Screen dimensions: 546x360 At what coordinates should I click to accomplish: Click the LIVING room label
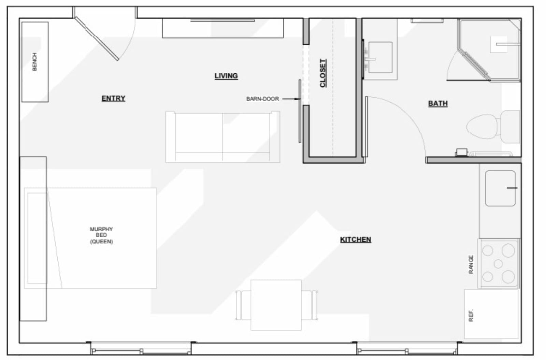(x=226, y=76)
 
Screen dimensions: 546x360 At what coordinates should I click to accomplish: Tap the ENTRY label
(x=113, y=99)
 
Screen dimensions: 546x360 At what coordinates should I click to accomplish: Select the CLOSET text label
(x=323, y=73)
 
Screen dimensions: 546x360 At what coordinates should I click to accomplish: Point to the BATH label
(x=438, y=104)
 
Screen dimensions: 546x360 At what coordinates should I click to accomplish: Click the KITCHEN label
(x=356, y=240)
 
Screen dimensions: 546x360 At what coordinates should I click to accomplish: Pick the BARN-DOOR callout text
(x=262, y=99)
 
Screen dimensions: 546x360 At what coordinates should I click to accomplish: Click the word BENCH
(x=34, y=62)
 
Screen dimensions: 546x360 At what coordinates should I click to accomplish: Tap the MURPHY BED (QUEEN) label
(x=101, y=235)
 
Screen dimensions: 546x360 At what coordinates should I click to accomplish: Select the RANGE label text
(x=471, y=264)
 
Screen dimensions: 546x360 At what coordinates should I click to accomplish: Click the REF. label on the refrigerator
(x=471, y=315)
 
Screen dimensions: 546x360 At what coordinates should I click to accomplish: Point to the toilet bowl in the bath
(x=482, y=127)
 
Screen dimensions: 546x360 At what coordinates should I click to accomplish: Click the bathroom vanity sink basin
(x=380, y=58)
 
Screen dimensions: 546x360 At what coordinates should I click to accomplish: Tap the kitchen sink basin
(x=500, y=188)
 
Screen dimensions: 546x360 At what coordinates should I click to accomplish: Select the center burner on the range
(x=498, y=264)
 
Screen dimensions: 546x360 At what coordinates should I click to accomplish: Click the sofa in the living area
(x=222, y=137)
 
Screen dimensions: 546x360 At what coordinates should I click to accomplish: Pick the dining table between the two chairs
(x=276, y=305)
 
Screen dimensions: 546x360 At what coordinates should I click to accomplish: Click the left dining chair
(x=243, y=305)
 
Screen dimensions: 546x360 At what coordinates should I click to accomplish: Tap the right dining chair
(x=310, y=305)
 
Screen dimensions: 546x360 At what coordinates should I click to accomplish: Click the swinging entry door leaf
(x=97, y=39)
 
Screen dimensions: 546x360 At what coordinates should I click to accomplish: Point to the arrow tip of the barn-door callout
(x=300, y=99)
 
